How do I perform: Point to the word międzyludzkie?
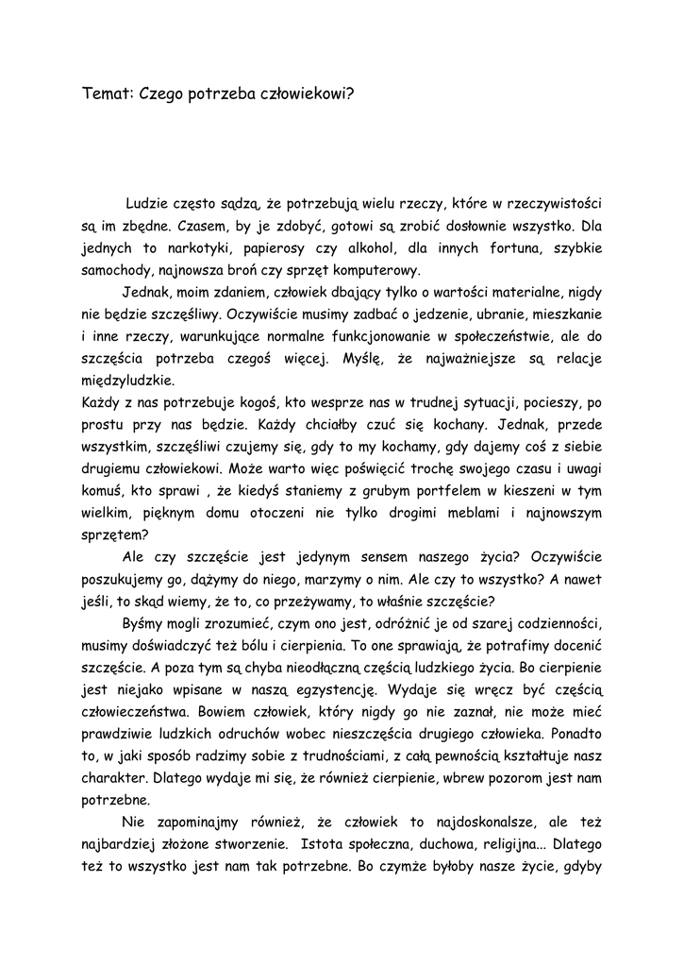[127, 381]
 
